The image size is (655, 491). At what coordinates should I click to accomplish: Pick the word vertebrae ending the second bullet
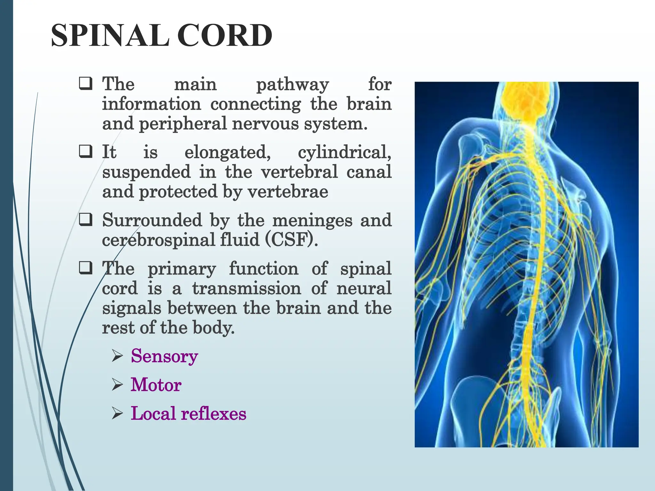(288, 192)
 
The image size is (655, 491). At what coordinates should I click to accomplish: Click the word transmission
(247, 289)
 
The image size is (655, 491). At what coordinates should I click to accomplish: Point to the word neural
(364, 288)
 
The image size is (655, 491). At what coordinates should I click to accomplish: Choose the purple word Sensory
(164, 357)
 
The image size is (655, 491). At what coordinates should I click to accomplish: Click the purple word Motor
(156, 385)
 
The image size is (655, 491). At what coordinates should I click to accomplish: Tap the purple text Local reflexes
(188, 414)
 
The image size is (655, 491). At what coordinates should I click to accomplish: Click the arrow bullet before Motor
(117, 385)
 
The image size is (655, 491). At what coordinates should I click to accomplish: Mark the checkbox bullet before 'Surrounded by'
(86, 220)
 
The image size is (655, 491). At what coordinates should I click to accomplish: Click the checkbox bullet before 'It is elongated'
(86, 152)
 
